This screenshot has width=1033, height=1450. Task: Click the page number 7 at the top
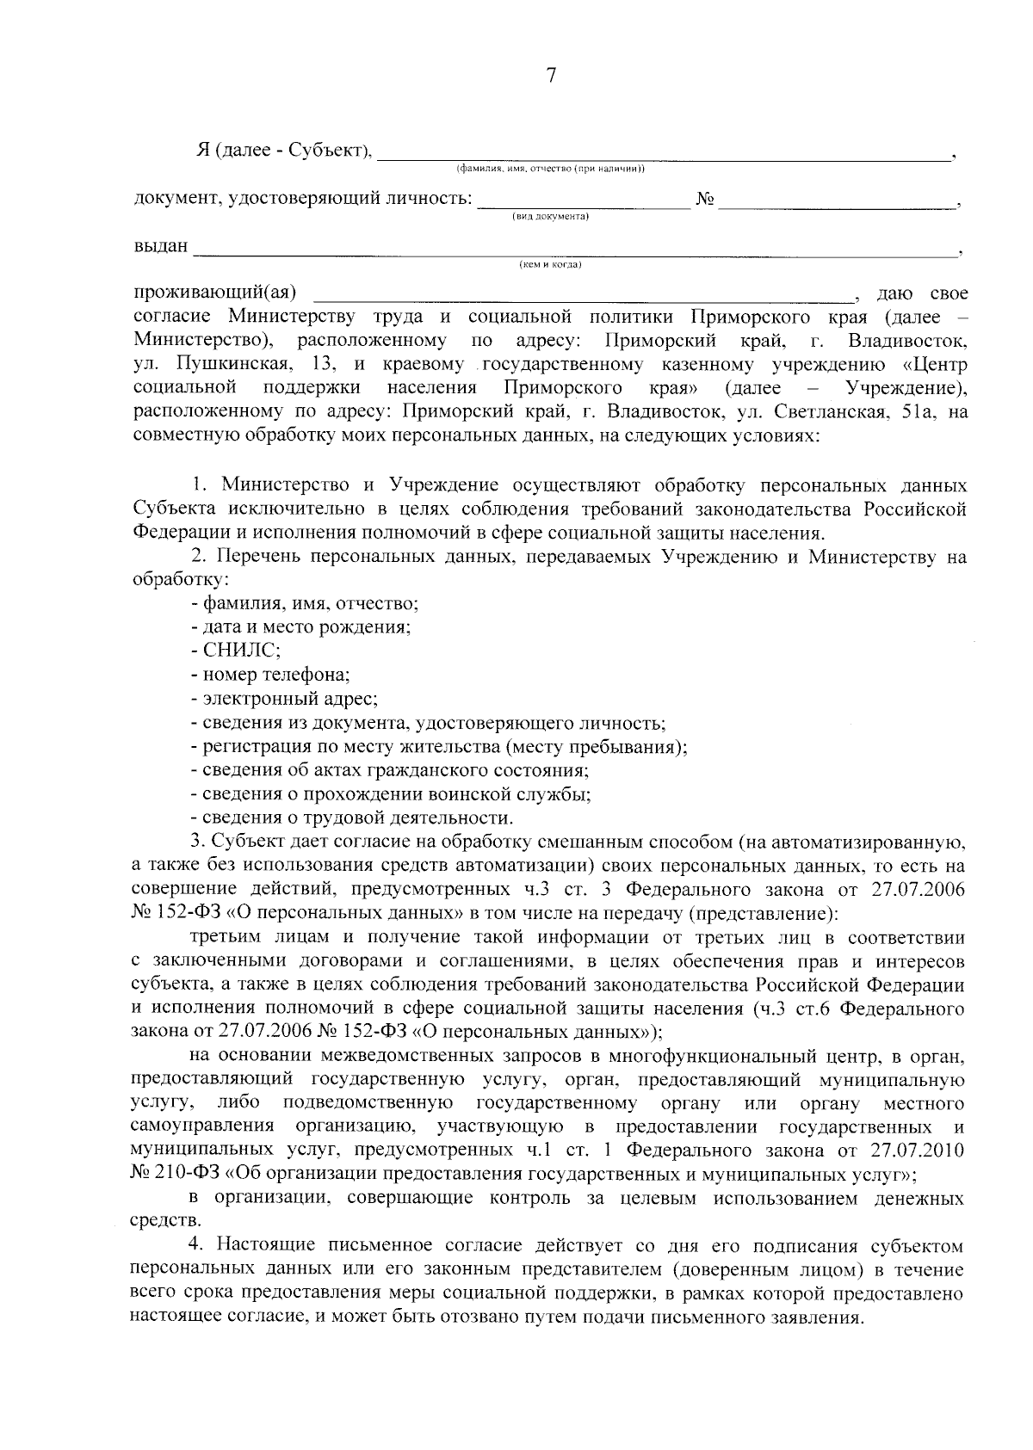(x=551, y=76)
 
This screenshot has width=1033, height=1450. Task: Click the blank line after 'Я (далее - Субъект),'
(x=663, y=157)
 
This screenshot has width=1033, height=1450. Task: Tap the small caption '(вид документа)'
(x=551, y=217)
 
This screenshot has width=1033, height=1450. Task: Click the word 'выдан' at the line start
(x=161, y=246)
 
